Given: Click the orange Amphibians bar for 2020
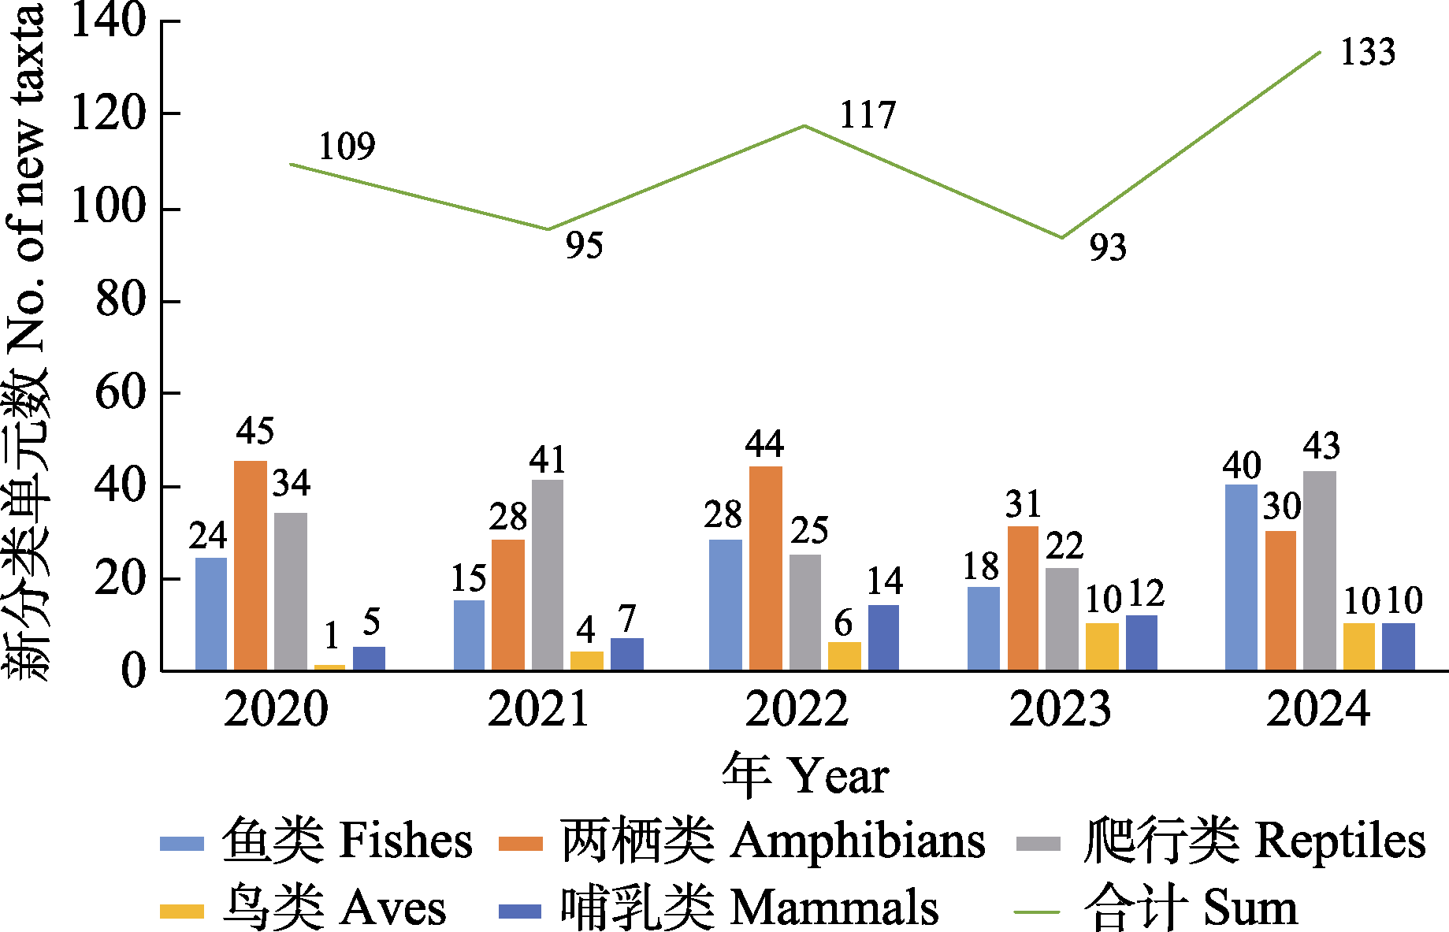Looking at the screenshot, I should click(x=251, y=565).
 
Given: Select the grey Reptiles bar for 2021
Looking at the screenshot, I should click(x=548, y=574).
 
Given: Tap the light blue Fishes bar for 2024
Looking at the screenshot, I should click(x=1241, y=577).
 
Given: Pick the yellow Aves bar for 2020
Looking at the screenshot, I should click(x=329, y=667).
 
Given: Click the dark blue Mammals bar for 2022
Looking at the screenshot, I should click(x=883, y=637).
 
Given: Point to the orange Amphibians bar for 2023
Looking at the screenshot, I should click(x=1023, y=598).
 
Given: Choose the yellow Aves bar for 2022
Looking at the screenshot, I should click(x=844, y=655).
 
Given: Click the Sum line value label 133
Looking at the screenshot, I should click(x=1368, y=52).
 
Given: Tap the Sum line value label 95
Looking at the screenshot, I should click(x=584, y=245).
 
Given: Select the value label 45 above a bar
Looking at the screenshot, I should click(x=255, y=431).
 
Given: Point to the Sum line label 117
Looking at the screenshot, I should click(x=868, y=115).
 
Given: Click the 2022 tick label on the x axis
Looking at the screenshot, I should click(x=797, y=708).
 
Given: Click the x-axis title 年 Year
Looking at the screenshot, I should click(x=805, y=775).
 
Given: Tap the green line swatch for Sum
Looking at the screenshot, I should click(x=1037, y=912).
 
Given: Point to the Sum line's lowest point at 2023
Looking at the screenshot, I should click(x=1061, y=237).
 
